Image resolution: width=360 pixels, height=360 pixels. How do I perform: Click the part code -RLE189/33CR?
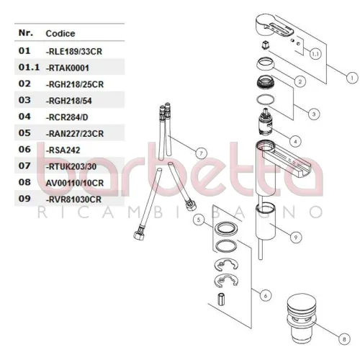(74, 51)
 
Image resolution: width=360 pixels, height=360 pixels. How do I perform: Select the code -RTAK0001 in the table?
(68, 68)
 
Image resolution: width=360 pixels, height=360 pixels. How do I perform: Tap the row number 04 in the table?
(24, 117)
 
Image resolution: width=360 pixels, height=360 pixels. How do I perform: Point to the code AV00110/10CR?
(75, 183)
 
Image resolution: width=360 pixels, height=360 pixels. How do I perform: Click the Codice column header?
(60, 33)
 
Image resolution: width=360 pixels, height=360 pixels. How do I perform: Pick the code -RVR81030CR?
(73, 199)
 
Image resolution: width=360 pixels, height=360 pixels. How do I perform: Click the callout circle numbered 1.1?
(315, 54)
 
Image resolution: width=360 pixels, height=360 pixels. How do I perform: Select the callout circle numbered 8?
(344, 339)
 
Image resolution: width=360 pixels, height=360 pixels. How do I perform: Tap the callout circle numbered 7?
(201, 153)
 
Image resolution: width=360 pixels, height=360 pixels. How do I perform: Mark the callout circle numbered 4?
(295, 142)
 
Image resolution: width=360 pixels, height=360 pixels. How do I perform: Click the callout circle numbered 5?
(199, 220)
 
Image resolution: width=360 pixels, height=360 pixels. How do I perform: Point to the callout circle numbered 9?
(296, 238)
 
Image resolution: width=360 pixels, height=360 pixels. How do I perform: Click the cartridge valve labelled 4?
(266, 122)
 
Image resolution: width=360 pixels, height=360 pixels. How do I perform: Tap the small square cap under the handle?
(265, 45)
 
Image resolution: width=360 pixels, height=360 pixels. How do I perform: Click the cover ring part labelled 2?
(266, 63)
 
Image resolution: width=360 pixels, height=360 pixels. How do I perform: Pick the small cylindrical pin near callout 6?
(220, 300)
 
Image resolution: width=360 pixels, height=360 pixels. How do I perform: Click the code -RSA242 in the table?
(63, 150)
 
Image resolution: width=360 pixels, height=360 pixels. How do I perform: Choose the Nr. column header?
(26, 32)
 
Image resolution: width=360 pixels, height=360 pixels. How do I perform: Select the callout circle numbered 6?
(266, 296)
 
